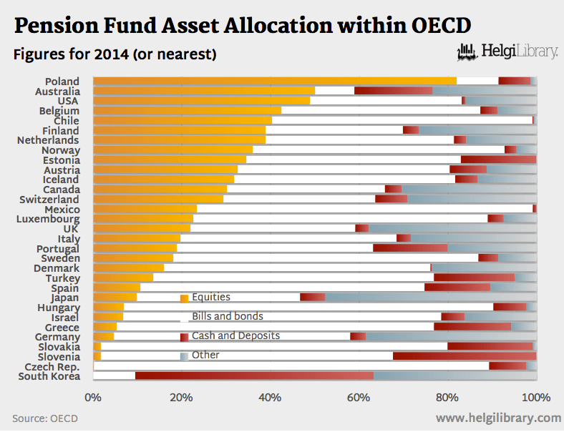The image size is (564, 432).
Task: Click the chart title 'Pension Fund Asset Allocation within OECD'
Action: tap(243, 26)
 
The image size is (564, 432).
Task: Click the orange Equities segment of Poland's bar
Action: tap(274, 81)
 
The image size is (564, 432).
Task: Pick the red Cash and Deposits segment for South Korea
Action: tap(254, 375)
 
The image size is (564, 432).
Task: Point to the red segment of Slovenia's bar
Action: tap(464, 355)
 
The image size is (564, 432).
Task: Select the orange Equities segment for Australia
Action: tap(204, 91)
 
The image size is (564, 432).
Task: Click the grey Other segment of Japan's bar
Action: tap(430, 297)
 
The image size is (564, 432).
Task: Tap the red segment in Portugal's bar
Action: tap(410, 247)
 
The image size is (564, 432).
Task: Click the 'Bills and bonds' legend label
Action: tap(227, 316)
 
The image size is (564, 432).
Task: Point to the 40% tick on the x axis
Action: tap(270, 397)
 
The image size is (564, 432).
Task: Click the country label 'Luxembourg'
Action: tap(49, 219)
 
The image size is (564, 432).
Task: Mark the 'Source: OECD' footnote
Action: tap(44, 418)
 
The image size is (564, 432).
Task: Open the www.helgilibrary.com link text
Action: tap(498, 418)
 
